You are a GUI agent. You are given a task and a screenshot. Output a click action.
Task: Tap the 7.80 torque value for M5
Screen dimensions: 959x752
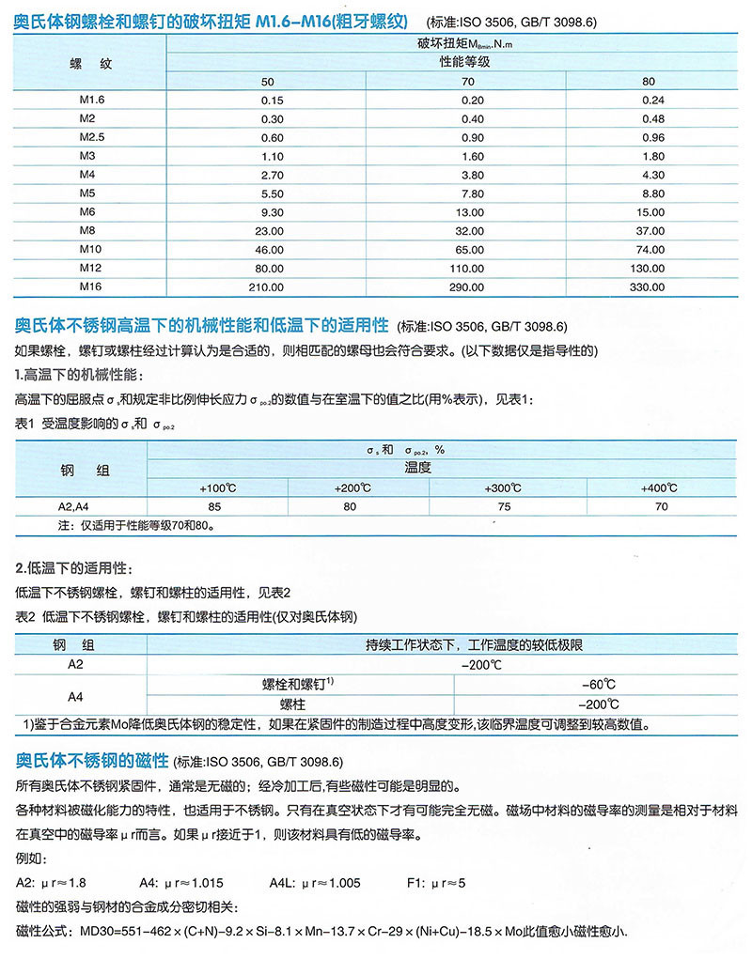click(472, 193)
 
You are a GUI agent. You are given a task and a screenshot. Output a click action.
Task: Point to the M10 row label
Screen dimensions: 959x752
click(90, 249)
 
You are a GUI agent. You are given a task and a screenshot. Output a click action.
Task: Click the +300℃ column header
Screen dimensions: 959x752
click(503, 488)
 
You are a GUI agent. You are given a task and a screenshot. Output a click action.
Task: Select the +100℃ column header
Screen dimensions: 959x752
click(218, 488)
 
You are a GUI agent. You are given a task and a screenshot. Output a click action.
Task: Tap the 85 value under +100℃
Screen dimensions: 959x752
click(218, 507)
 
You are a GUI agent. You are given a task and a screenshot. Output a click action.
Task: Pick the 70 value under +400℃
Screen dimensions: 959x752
click(661, 507)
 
